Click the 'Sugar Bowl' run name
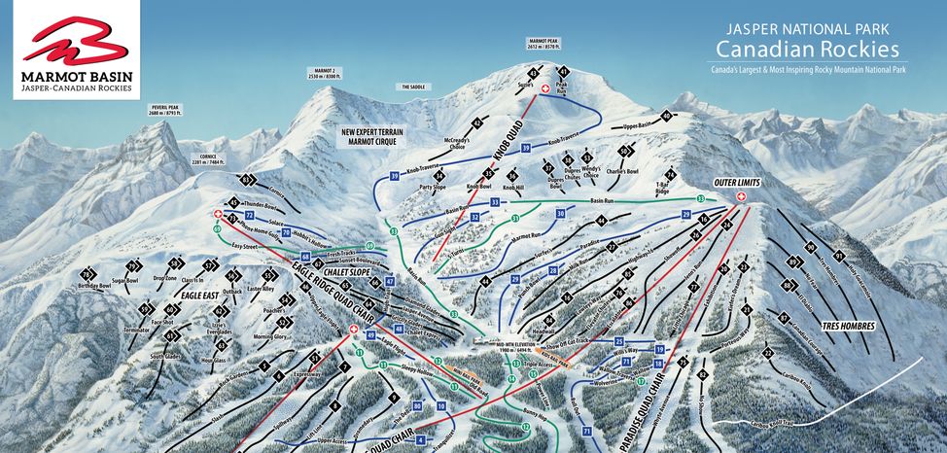coord(127,281)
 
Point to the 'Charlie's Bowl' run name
coord(620,172)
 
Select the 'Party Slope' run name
coord(432,186)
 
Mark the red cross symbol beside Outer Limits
coord(742,197)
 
